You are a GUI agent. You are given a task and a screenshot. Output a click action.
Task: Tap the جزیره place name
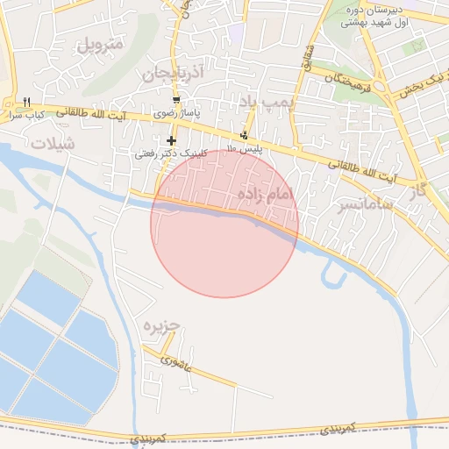[161, 325]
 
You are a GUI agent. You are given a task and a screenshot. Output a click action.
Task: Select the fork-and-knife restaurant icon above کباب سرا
[28, 102]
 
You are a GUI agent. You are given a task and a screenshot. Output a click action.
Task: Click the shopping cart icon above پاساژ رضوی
[176, 100]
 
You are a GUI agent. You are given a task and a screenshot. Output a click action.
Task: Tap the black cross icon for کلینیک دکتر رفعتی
[171, 140]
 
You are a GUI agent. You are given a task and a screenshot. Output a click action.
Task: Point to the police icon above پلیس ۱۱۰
[243, 135]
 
